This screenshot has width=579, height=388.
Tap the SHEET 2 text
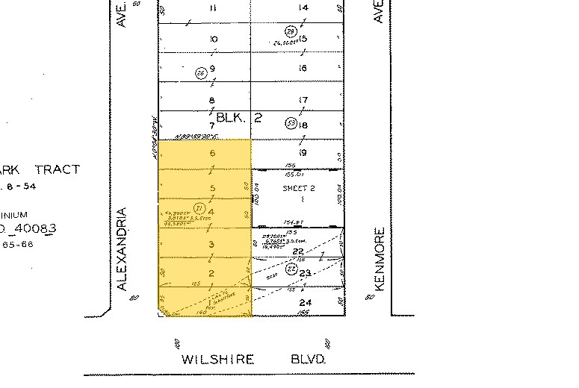click(298, 189)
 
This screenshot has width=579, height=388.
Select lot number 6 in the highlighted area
click(212, 153)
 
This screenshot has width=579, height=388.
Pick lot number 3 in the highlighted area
click(211, 245)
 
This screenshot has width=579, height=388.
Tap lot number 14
click(303, 8)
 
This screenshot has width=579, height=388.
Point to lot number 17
click(303, 101)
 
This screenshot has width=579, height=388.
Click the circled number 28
click(291, 31)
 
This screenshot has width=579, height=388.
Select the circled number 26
click(199, 72)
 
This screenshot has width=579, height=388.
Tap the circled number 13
click(291, 122)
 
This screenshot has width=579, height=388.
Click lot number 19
click(303, 153)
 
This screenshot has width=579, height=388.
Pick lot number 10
click(214, 39)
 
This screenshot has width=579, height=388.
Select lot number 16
click(303, 69)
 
